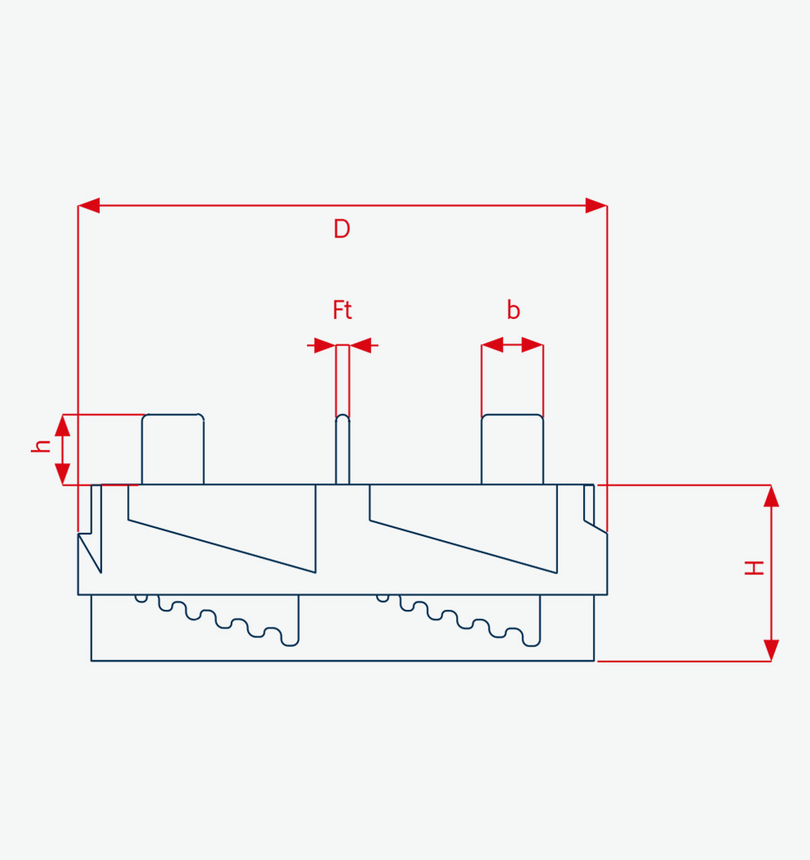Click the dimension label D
(x=341, y=228)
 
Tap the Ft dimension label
(x=342, y=310)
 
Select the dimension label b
(x=513, y=310)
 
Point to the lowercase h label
(x=40, y=445)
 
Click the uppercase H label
(x=754, y=568)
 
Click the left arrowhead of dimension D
(x=89, y=206)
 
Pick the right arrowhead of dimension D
(x=596, y=206)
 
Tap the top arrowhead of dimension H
(x=771, y=496)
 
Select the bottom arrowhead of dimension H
(x=771, y=650)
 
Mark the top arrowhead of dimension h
(x=62, y=426)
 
